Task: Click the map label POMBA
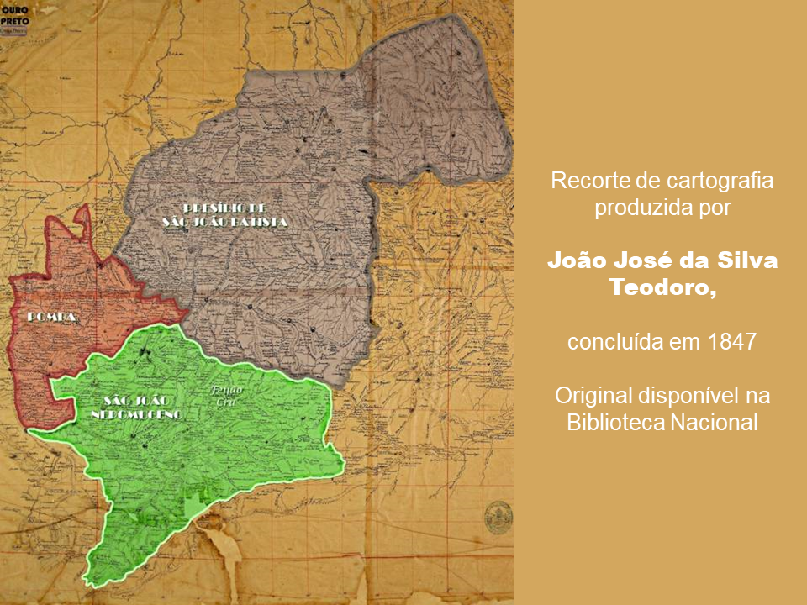click(53, 316)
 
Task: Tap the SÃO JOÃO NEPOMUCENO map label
click(139, 407)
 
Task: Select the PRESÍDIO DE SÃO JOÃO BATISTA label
click(224, 214)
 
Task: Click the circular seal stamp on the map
click(498, 517)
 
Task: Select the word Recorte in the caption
click(585, 180)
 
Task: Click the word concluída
click(607, 343)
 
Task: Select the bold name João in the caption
click(577, 260)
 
